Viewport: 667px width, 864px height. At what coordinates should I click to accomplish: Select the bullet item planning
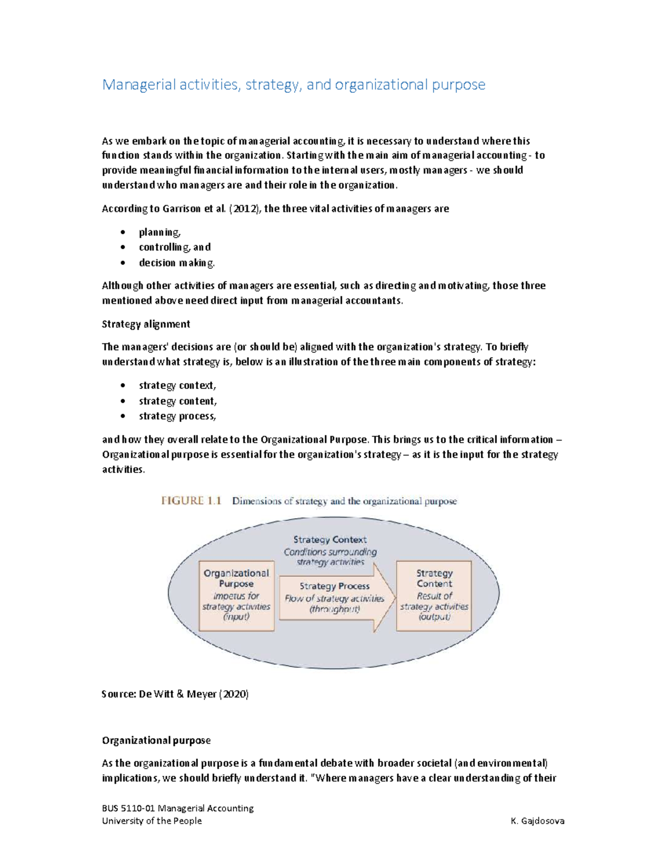point(160,232)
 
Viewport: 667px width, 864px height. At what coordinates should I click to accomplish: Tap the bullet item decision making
point(176,263)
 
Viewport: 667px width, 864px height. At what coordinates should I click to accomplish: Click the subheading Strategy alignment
point(146,324)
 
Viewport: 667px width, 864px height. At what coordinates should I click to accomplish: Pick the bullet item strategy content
point(177,401)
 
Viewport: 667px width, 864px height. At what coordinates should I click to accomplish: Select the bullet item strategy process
point(177,416)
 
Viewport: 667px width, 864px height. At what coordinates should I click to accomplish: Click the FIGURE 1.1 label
point(191,501)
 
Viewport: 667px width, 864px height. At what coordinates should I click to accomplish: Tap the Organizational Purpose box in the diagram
point(236,595)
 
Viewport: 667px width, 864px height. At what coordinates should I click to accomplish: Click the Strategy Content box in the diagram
point(434,595)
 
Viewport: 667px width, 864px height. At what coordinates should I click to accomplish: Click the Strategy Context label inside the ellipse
point(330,540)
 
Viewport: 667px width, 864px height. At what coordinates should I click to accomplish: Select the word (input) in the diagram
point(236,617)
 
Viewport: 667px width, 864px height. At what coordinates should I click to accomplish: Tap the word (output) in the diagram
point(434,617)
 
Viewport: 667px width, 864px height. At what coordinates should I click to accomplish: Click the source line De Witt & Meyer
point(175,694)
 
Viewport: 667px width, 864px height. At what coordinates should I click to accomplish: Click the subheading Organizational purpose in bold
point(156,740)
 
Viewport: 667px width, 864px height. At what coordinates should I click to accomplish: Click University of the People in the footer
point(152,821)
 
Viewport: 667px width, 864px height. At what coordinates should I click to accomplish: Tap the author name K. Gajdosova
point(537,821)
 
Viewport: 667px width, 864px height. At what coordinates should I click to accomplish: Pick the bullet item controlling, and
point(175,247)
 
